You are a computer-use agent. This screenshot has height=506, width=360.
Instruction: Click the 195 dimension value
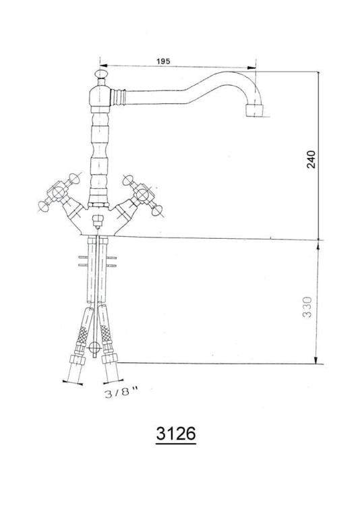pos(164,61)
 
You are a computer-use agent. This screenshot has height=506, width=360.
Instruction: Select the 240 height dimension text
pos(311,159)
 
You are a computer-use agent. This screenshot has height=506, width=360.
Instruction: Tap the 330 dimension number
pos(307,307)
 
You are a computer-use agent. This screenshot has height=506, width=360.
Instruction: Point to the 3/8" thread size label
pos(121,393)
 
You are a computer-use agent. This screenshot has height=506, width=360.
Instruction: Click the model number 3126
pos(176,433)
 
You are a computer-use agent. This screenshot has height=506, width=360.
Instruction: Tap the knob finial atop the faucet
pos(101,74)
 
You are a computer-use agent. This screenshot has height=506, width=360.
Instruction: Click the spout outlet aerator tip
pos(255,111)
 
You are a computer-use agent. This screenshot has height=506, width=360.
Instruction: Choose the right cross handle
pos(142,194)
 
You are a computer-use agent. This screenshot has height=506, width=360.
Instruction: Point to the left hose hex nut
pos(78,360)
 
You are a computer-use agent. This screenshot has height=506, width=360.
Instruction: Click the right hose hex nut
pos(109,359)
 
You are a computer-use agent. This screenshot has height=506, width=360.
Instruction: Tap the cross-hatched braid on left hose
pos(82,335)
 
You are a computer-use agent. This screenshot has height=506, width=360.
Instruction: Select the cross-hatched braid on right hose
pos(105,334)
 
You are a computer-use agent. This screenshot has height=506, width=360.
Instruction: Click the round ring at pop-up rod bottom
pos(94,347)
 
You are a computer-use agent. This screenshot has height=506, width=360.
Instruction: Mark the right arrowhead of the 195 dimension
pos(251,67)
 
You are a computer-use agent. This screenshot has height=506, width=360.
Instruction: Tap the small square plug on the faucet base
pos(97,222)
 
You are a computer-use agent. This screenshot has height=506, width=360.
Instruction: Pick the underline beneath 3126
pos(176,444)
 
